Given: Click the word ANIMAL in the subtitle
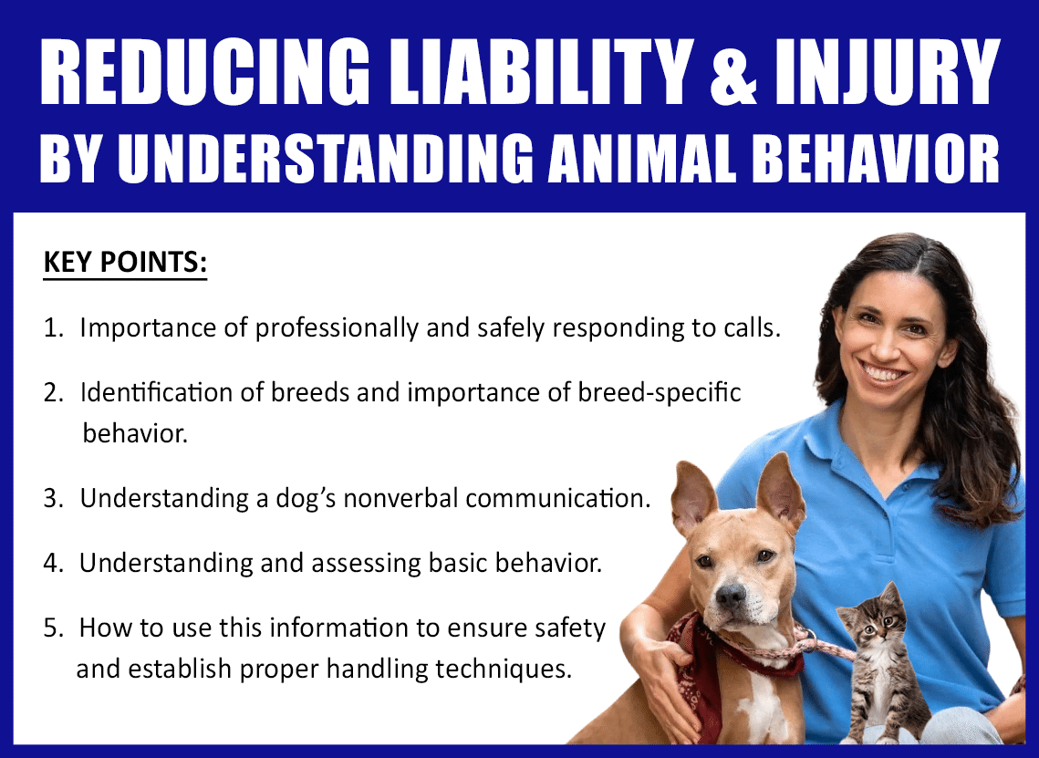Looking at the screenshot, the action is [x=643, y=158].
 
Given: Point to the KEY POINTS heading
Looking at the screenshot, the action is [x=125, y=262].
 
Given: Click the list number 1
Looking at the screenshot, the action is [x=52, y=327].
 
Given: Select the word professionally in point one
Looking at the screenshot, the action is [x=338, y=328].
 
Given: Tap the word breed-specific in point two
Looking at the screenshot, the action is [x=660, y=393].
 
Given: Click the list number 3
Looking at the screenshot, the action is [x=53, y=498].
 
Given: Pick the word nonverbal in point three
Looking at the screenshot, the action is [x=400, y=498].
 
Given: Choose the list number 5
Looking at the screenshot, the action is [x=53, y=628].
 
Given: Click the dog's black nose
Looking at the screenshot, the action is [x=731, y=595].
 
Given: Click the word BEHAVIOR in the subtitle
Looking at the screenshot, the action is [x=876, y=158].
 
